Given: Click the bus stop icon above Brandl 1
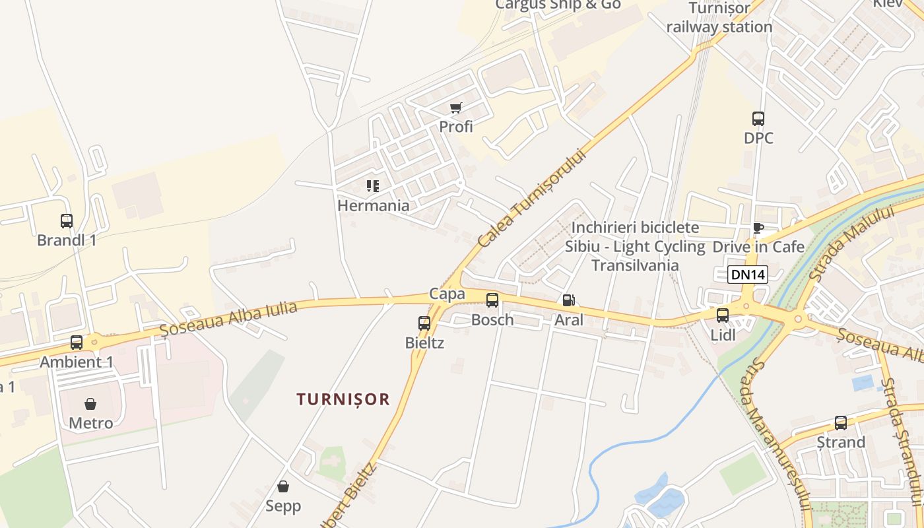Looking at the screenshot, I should pyautogui.click(x=67, y=221).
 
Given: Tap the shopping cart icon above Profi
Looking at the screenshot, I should pyautogui.click(x=456, y=108).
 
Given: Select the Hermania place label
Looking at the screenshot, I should pyautogui.click(x=373, y=205).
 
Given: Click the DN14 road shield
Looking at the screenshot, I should pyautogui.click(x=748, y=275).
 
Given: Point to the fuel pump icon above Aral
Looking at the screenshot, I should pyautogui.click(x=568, y=301).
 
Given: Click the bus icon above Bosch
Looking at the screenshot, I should pyautogui.click(x=492, y=301).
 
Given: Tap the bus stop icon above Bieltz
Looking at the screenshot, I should pyautogui.click(x=424, y=323).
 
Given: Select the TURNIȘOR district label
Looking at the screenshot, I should pyautogui.click(x=343, y=399).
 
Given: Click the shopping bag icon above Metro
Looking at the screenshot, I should pyautogui.click(x=90, y=404).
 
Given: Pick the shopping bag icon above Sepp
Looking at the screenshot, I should pyautogui.click(x=283, y=487).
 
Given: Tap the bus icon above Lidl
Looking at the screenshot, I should pyautogui.click(x=723, y=315).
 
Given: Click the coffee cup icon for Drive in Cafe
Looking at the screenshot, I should pyautogui.click(x=758, y=228).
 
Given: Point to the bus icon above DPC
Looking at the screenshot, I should pyautogui.click(x=758, y=119).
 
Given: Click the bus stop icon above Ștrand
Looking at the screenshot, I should pyautogui.click(x=840, y=423).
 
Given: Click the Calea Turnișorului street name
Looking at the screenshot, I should pyautogui.click(x=531, y=198).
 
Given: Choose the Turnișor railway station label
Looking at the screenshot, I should pyautogui.click(x=719, y=18).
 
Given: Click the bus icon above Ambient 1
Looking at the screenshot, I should pyautogui.click(x=77, y=343).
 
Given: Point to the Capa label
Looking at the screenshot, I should pyautogui.click(x=447, y=294).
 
